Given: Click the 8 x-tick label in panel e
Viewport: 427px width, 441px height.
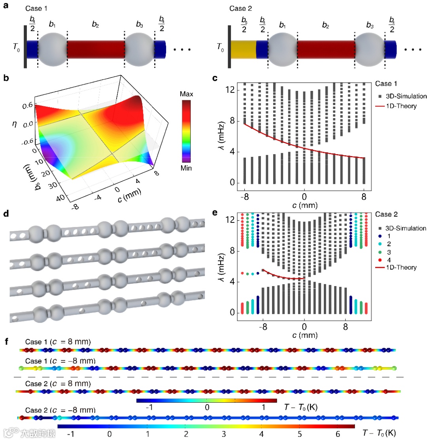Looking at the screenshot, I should pos(346,327).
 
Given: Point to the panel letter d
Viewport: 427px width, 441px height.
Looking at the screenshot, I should pos(6,214).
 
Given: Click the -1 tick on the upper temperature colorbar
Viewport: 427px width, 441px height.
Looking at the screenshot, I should pos(149,408).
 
